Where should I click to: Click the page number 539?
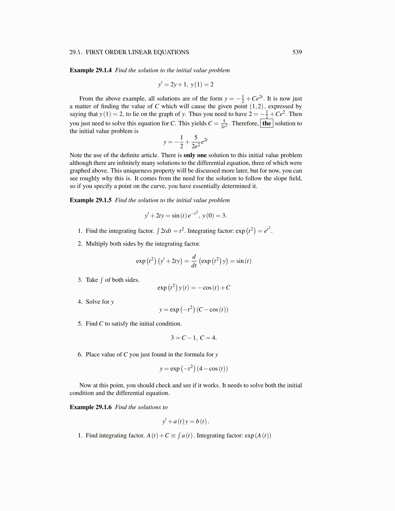pyautogui.click(x=297, y=52)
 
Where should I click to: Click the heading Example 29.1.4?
pyautogui.click(x=91, y=70)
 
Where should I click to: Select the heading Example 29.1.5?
pyautogui.click(x=91, y=200)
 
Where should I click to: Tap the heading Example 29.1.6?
pyautogui.click(x=91, y=407)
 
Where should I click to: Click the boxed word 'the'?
pyautogui.click(x=267, y=124)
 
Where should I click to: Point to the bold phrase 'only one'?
pyautogui.click(x=195, y=155)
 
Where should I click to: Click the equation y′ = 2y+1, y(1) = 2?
pyautogui.click(x=186, y=85)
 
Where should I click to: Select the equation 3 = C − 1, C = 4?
pyautogui.click(x=194, y=338)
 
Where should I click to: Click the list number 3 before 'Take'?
pyautogui.click(x=80, y=280)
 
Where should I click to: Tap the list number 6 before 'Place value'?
pyautogui.click(x=80, y=355)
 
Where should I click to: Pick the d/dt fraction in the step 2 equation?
pyautogui.click(x=194, y=261)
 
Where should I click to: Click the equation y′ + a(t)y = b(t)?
pyautogui.click(x=186, y=421)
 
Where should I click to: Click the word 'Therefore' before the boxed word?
pyautogui.click(x=245, y=124)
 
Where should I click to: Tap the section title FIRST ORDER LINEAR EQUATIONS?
pyautogui.click(x=137, y=52)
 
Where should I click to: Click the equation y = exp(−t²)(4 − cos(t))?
pyautogui.click(x=194, y=369)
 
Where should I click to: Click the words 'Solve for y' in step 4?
pyautogui.click(x=100, y=302)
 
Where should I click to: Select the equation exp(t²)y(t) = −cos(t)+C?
pyautogui.click(x=194, y=288)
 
